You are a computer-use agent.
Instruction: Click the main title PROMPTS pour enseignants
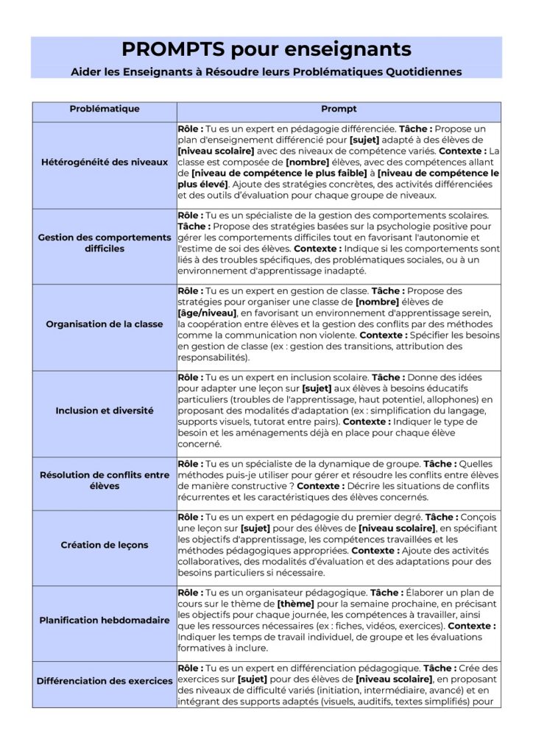click(x=266, y=49)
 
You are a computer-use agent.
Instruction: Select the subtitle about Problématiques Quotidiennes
click(x=266, y=71)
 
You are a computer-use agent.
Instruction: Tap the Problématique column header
click(x=104, y=109)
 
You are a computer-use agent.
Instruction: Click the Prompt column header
click(x=339, y=109)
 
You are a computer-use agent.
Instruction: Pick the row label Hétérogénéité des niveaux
click(x=104, y=162)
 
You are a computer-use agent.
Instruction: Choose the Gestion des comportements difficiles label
click(x=104, y=243)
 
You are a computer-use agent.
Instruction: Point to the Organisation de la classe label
click(x=104, y=324)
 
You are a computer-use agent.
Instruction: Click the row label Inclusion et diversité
click(x=104, y=410)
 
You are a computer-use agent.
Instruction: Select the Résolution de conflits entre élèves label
click(x=104, y=481)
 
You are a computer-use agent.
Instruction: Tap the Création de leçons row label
click(x=104, y=545)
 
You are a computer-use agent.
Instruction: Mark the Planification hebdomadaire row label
click(x=104, y=620)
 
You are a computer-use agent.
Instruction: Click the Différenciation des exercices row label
click(x=104, y=681)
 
